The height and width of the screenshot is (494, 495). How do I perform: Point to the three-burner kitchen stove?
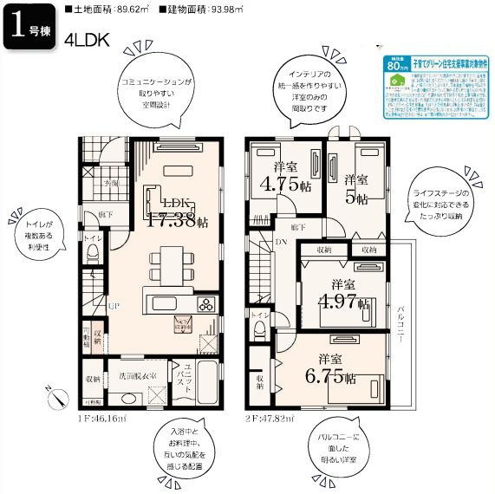coord(208,303)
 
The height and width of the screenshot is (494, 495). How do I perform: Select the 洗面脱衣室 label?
coord(131,377)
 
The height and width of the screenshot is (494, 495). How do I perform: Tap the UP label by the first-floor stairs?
coord(114,305)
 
